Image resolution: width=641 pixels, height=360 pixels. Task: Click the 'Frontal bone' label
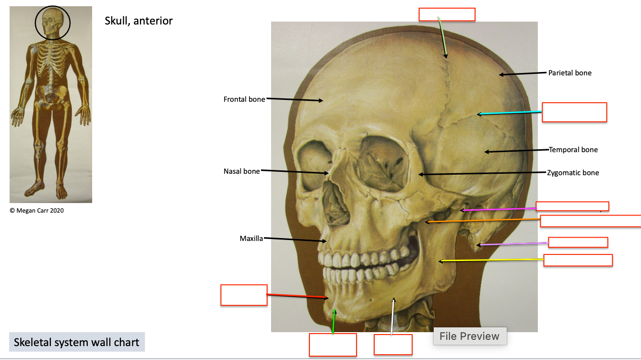[244, 99]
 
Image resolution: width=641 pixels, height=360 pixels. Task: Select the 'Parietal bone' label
[570, 73]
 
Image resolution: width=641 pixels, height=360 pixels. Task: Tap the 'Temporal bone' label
[573, 150]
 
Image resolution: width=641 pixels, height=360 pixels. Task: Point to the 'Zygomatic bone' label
[573, 173]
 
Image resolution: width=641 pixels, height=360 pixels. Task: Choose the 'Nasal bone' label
[241, 171]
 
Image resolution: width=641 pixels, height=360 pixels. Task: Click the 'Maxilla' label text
[251, 239]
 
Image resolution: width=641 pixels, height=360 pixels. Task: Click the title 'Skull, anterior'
[139, 21]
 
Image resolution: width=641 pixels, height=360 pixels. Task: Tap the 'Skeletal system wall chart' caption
[77, 342]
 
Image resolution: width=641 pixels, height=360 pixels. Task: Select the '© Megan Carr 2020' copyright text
[36, 211]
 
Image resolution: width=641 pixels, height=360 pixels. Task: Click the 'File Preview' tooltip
[470, 336]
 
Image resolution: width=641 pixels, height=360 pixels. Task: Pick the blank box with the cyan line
[574, 112]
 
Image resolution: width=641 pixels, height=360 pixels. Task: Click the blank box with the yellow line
[578, 260]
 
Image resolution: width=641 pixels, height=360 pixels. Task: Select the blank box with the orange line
[591, 221]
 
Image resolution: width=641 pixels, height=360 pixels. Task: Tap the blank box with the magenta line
[572, 206]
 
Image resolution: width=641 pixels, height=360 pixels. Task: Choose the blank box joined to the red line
[244, 295]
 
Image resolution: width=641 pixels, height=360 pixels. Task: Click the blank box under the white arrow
[393, 345]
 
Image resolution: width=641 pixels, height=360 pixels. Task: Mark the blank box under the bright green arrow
[333, 345]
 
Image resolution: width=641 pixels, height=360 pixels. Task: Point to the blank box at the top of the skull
[447, 14]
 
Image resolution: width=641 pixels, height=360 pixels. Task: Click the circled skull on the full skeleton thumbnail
[53, 23]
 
